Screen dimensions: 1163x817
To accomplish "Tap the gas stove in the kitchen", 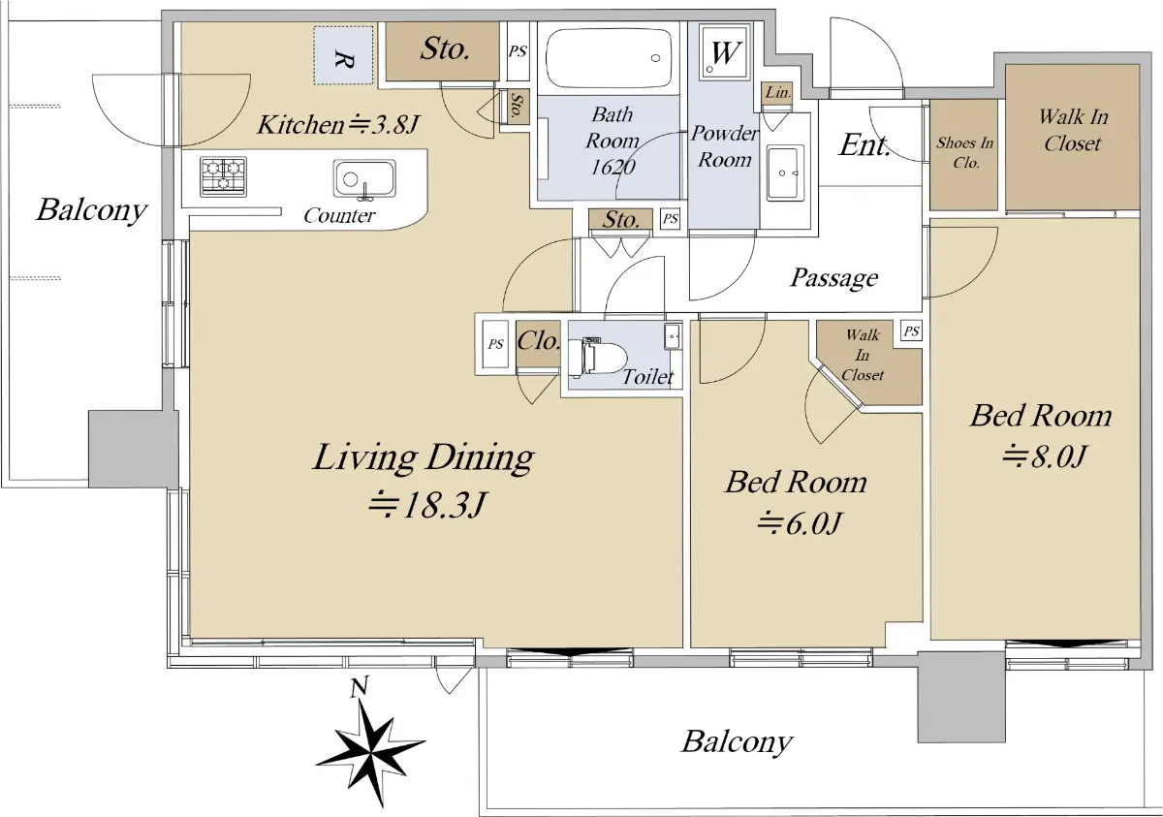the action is pyautogui.click(x=223, y=177).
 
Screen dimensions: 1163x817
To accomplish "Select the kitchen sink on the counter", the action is pyautogui.click(x=364, y=179).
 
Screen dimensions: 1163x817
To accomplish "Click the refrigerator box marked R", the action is pyautogui.click(x=343, y=55).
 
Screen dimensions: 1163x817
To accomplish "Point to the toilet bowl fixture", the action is pyautogui.click(x=598, y=357).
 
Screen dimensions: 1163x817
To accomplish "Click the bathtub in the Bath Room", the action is pyautogui.click(x=609, y=57).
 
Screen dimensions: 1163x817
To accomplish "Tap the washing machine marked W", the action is pyautogui.click(x=725, y=52).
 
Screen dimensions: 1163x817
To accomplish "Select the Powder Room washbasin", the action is pyautogui.click(x=784, y=173).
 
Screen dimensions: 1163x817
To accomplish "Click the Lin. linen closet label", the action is pyautogui.click(x=777, y=92).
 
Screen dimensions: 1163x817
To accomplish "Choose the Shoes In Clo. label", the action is pyautogui.click(x=964, y=152).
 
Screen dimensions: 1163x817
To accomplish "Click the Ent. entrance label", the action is pyautogui.click(x=864, y=144).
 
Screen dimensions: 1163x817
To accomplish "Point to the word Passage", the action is pyautogui.click(x=833, y=278).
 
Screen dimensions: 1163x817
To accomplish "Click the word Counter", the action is pyautogui.click(x=339, y=215).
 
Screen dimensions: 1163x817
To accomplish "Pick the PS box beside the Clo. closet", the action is pyautogui.click(x=495, y=344).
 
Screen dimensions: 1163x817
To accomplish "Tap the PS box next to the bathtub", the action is pyautogui.click(x=518, y=51).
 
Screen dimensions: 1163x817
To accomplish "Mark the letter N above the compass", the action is pyautogui.click(x=359, y=686).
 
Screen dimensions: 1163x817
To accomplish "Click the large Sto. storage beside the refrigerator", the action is pyautogui.click(x=442, y=50).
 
